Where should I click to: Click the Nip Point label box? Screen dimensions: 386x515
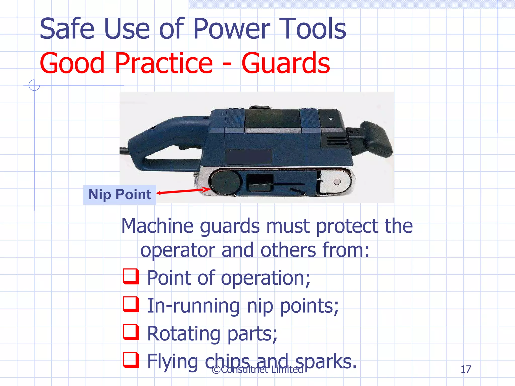[120, 195]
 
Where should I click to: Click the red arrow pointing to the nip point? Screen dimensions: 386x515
[184, 191]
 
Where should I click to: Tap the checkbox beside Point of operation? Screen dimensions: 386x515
[131, 276]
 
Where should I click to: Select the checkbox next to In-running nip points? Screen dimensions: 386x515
[131, 304]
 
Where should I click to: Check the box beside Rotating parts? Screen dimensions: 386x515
[131, 332]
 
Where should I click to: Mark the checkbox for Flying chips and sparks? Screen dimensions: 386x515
[131, 360]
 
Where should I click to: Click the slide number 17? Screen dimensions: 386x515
[466, 369]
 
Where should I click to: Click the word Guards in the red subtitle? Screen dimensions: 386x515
[285, 63]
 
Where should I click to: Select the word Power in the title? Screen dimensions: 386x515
[232, 29]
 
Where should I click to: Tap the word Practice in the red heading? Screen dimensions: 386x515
[164, 63]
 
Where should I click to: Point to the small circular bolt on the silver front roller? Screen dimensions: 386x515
[337, 182]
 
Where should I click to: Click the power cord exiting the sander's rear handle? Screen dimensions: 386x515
[124, 151]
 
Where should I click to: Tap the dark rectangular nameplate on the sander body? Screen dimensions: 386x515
[249, 157]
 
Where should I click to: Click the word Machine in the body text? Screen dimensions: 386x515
[158, 226]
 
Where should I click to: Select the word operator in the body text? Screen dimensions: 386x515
[178, 250]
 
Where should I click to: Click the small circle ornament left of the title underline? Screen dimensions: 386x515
[34, 85]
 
